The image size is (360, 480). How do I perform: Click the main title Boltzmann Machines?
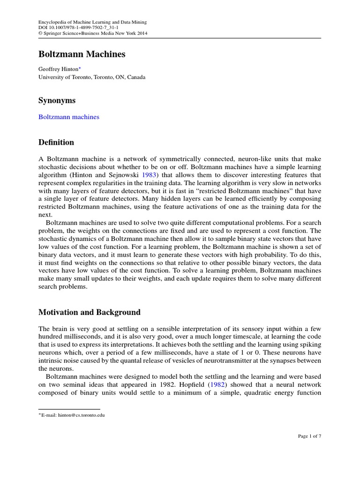click(x=82, y=54)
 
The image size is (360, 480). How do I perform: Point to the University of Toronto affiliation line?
click(x=92, y=77)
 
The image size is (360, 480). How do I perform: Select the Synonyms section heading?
click(x=57, y=100)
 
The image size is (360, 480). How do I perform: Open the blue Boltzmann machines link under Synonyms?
click(x=68, y=117)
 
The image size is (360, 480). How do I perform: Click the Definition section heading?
click(x=56, y=142)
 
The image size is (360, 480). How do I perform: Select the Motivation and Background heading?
click(x=89, y=312)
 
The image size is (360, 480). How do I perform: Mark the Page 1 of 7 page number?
click(x=309, y=436)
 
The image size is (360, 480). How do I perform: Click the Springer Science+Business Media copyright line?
click(x=86, y=34)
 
